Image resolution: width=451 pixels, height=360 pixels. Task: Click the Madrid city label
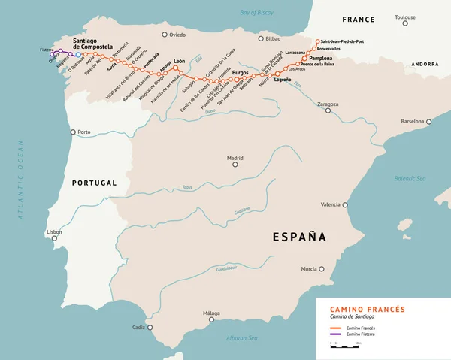point(235,158)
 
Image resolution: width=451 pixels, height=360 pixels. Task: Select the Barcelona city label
point(413,120)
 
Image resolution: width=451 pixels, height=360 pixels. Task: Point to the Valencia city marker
point(345,204)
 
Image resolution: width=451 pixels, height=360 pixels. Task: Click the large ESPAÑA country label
point(298,237)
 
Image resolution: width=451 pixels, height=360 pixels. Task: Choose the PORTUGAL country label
point(95,183)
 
